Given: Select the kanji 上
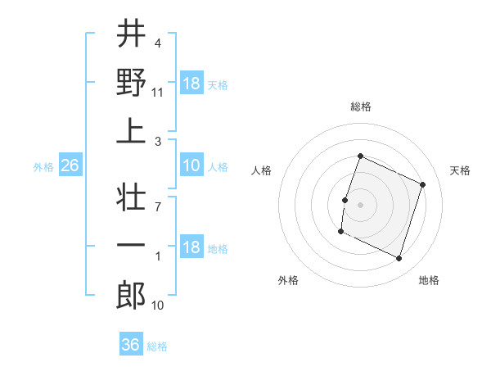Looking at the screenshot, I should [130, 130].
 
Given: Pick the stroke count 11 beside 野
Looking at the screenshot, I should [158, 93].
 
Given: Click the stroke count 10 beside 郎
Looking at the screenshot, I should [158, 306].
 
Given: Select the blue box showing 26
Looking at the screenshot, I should [70, 166].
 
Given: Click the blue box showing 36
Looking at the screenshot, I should [130, 345].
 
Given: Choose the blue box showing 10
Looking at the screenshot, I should [191, 166].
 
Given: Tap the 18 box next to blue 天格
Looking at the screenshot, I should [191, 84].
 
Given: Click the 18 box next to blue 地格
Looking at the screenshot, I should [191, 248].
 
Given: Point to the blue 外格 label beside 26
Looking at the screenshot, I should [43, 167].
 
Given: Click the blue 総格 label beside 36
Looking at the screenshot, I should [157, 346].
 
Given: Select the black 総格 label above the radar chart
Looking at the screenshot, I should [360, 107].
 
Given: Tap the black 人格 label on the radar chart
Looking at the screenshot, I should [262, 170].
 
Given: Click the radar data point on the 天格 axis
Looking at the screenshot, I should [423, 185].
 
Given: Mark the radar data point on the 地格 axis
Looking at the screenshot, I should [399, 259].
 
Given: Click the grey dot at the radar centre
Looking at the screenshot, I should [360, 205].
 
